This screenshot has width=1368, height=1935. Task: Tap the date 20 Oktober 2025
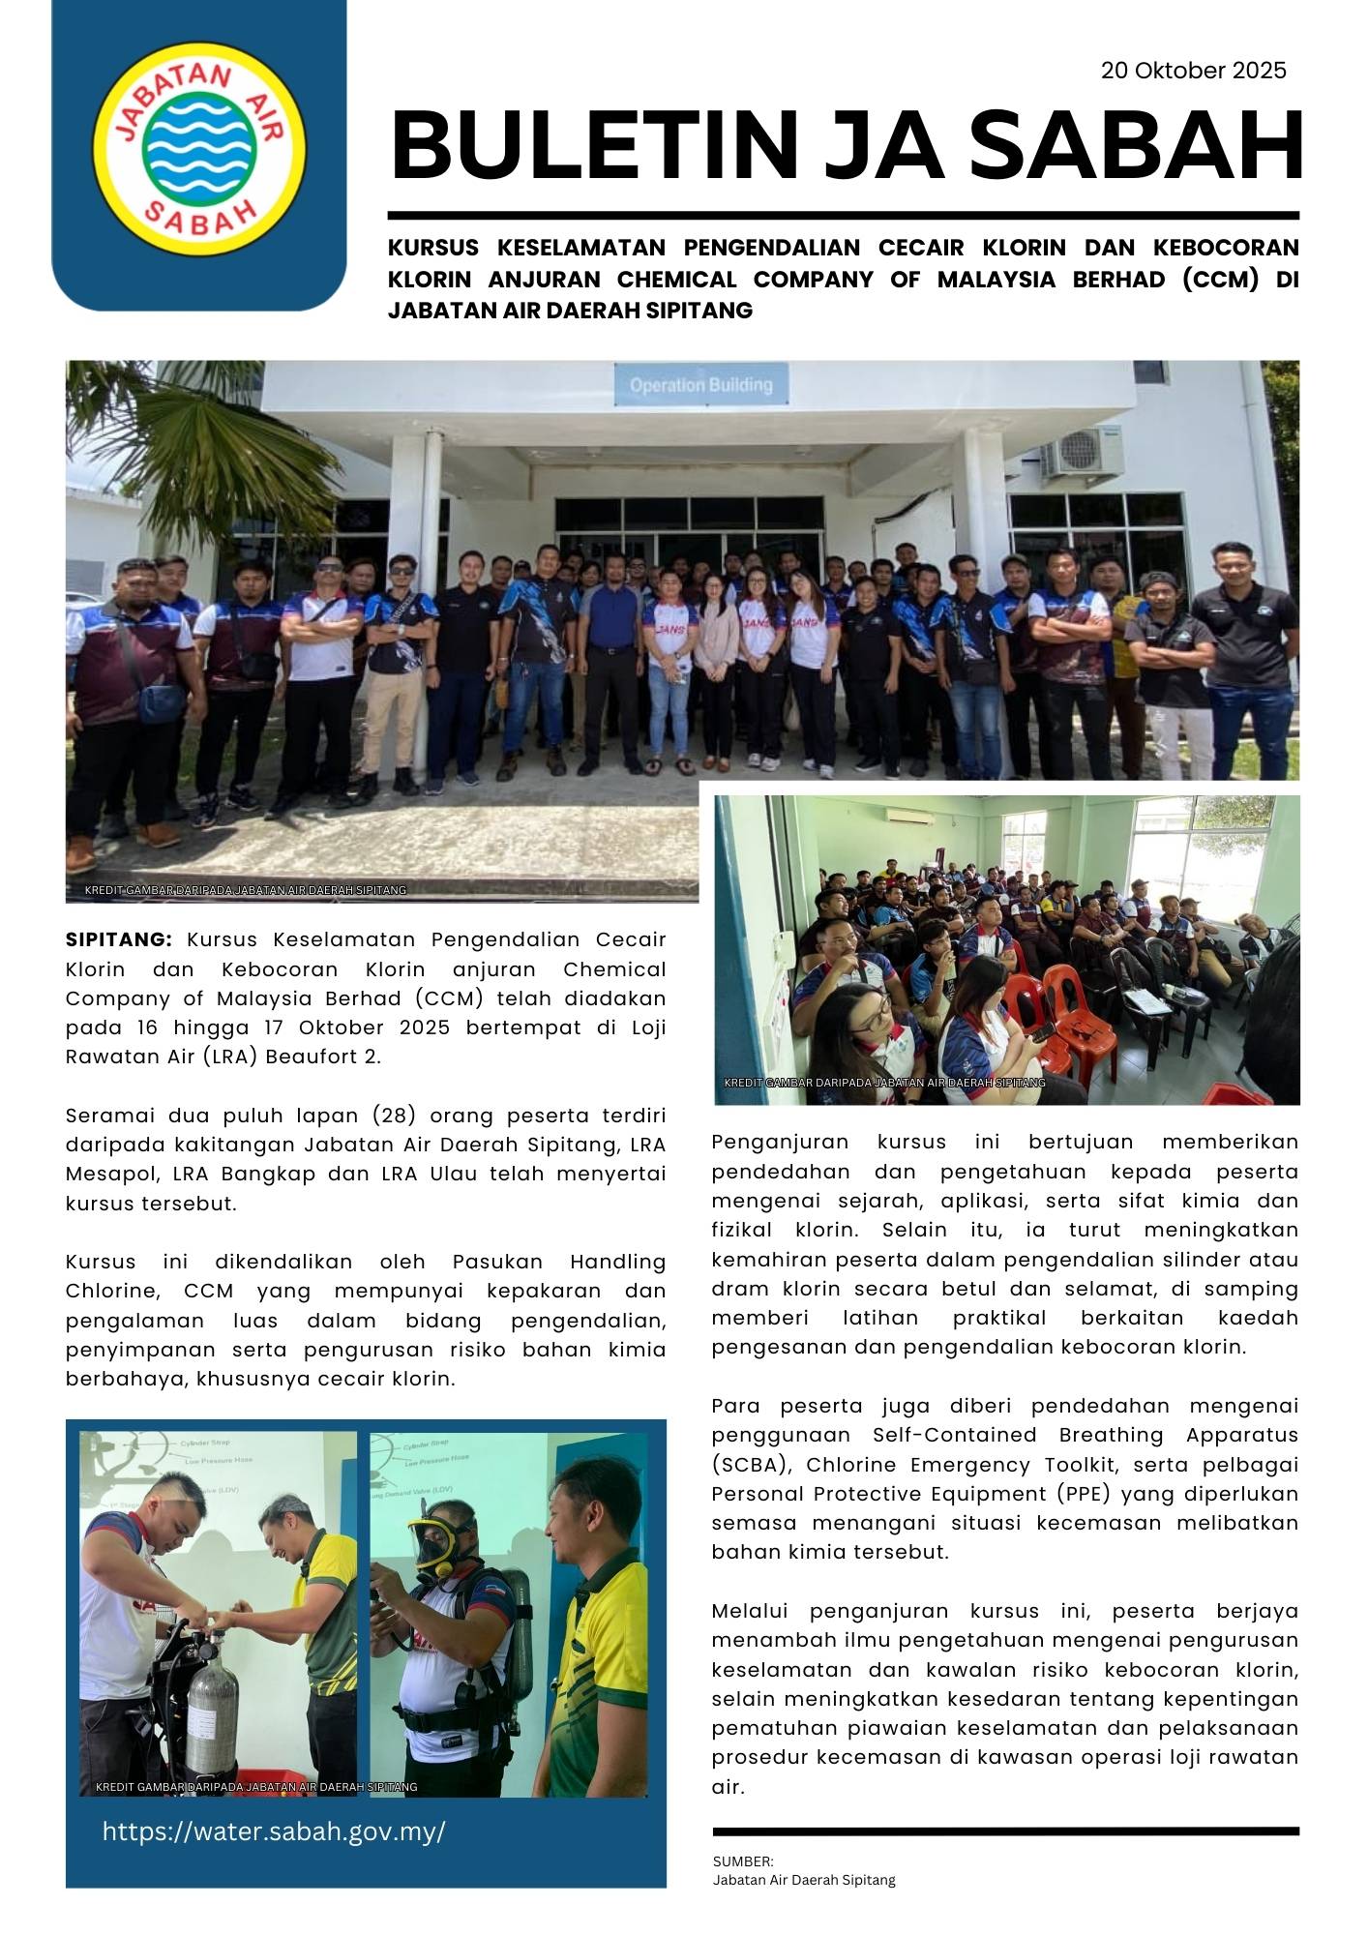click(x=1193, y=71)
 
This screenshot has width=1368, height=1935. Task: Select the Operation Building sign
click(x=700, y=385)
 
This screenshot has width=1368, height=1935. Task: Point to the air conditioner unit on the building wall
click(x=1081, y=452)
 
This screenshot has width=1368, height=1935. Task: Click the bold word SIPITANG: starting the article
click(x=118, y=939)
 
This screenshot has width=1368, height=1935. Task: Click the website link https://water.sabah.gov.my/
click(x=274, y=1831)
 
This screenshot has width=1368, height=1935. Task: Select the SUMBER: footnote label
click(x=742, y=1861)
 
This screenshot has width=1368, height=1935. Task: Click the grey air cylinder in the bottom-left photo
click(x=211, y=1712)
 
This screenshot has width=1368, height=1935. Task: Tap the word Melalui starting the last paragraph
click(x=750, y=1611)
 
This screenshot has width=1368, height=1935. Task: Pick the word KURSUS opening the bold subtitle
click(x=433, y=248)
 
